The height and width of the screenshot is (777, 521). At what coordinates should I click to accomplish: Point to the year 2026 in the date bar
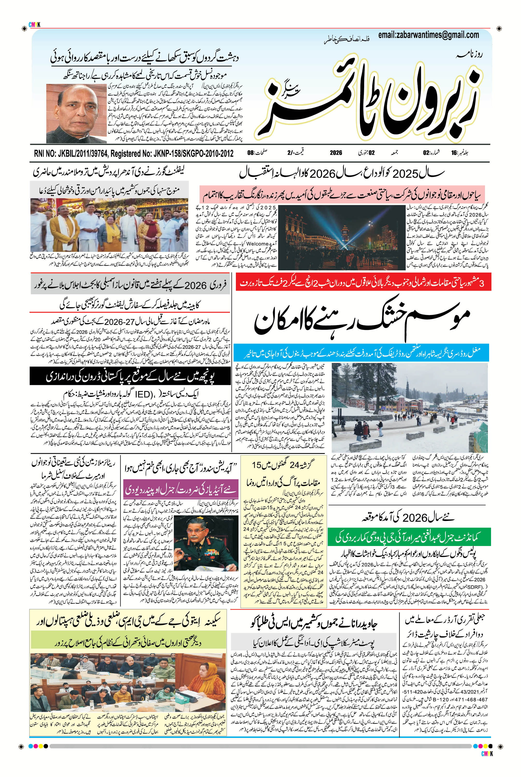click(336, 153)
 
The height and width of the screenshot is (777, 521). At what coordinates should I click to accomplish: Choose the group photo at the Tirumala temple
click(110, 225)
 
